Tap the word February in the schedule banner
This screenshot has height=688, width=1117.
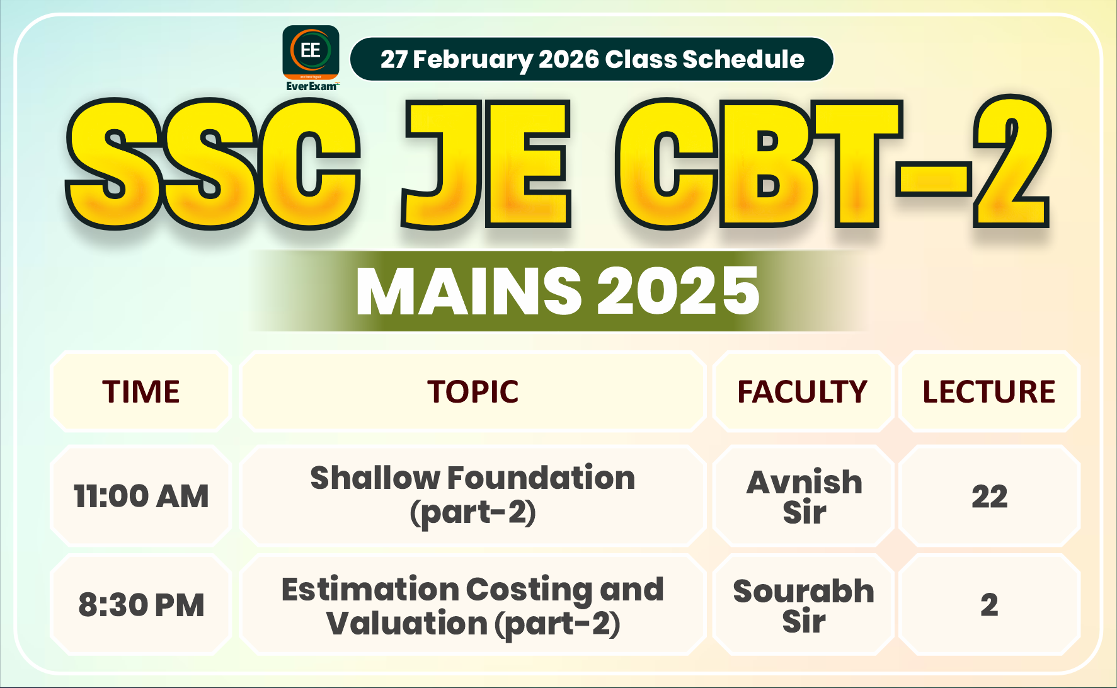pyautogui.click(x=472, y=60)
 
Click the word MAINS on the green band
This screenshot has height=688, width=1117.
pyautogui.click(x=469, y=291)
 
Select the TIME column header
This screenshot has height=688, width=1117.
pyautogui.click(x=141, y=392)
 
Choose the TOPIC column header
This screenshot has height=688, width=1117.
pyautogui.click(x=473, y=392)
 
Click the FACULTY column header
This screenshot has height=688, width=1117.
pyautogui.click(x=803, y=392)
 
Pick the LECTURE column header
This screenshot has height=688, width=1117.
pyautogui.click(x=988, y=392)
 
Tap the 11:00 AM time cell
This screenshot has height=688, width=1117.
pyautogui.click(x=141, y=496)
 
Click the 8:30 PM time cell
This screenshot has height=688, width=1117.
pyautogui.click(x=141, y=605)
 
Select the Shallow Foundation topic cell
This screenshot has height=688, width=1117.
pyautogui.click(x=473, y=495)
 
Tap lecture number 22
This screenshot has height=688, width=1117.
pyautogui.click(x=989, y=496)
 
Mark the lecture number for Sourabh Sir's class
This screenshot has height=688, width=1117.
pyautogui.click(x=989, y=605)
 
